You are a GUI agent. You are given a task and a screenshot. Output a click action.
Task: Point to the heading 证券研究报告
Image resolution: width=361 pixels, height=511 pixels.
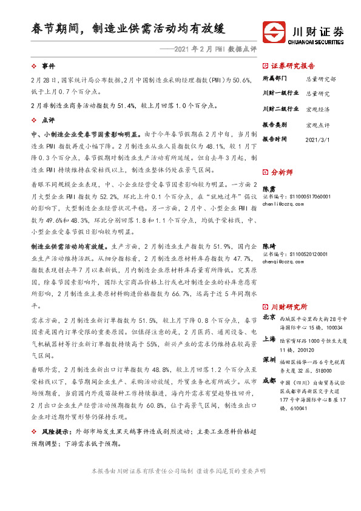click(292, 66)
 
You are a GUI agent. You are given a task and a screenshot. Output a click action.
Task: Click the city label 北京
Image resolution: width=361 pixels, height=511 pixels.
click(269, 318)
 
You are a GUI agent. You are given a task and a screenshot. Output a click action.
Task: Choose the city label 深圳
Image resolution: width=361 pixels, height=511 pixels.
click(269, 360)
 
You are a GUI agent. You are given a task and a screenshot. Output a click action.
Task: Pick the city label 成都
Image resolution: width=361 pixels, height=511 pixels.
click(269, 381)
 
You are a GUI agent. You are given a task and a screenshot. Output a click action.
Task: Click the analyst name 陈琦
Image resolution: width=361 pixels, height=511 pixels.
click(268, 246)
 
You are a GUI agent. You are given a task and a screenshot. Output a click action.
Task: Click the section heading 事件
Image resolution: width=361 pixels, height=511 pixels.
click(48, 65)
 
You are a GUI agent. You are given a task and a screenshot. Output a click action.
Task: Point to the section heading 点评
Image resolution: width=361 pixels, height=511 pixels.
click(48, 121)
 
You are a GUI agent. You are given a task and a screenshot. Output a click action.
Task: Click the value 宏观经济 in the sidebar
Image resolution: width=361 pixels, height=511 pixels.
click(318, 109)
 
